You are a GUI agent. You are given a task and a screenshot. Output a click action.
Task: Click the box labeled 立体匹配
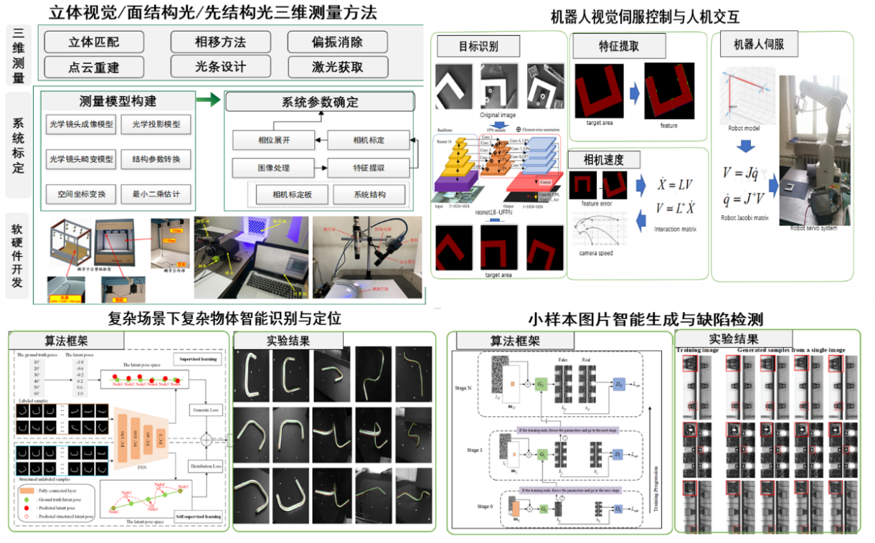[94, 42]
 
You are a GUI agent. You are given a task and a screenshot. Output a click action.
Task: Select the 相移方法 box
[220, 42]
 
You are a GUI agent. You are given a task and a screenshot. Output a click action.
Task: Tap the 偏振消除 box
[337, 42]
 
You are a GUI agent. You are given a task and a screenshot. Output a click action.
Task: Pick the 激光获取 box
[337, 67]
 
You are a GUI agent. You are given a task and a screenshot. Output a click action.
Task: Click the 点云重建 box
[94, 67]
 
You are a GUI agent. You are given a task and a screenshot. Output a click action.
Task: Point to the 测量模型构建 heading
[117, 101]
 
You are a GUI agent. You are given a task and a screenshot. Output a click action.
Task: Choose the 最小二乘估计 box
[156, 194]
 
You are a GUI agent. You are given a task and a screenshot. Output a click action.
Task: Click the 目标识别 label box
[478, 47]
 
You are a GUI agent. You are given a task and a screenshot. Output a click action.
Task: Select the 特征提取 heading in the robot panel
[619, 47]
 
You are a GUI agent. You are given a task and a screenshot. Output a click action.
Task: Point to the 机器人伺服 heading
[758, 44]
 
